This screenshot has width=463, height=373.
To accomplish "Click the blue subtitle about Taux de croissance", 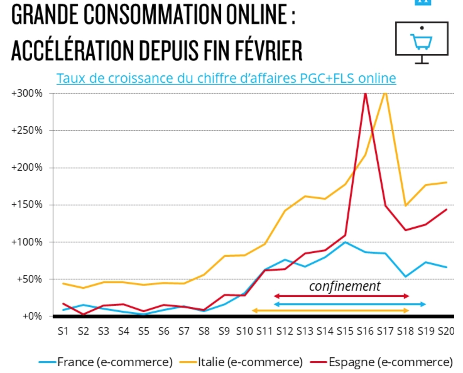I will point(226,78).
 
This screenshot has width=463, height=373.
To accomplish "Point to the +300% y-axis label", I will point(27,93).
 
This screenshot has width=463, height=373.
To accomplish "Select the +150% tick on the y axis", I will point(27,205).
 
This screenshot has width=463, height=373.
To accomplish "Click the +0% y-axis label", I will point(32,316).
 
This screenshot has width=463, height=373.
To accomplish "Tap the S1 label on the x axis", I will point(63,331).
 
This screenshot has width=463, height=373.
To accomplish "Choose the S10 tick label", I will point(244,331).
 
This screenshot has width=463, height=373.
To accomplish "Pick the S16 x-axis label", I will point(365,331).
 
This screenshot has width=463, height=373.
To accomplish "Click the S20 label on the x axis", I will point(446,331).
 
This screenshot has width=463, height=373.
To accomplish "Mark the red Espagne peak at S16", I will point(365,94).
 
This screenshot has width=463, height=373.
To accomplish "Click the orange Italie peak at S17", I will point(385,93).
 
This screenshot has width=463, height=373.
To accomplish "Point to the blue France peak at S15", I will point(345,242).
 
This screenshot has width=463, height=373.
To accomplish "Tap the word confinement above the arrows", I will point(345,286).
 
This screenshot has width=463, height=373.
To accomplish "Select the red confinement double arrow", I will point(341,296).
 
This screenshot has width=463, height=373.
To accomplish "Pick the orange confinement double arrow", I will point(330,311).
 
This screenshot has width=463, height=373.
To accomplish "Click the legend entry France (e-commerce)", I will point(115,362).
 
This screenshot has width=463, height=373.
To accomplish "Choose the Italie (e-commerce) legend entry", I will point(250,362).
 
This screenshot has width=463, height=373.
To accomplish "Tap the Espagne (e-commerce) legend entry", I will point(390,362).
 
